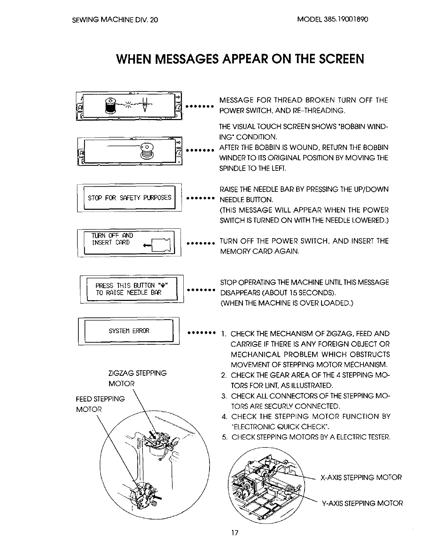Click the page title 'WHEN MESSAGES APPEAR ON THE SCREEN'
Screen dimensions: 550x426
[x=240, y=59]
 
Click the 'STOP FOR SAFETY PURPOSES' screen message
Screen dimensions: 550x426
[x=129, y=198]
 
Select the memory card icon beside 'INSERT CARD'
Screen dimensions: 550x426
[x=161, y=245]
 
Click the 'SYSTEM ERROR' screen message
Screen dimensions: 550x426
[x=129, y=331]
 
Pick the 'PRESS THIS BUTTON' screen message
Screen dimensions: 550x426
[x=131, y=289]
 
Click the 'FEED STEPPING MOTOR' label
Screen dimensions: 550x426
[x=100, y=404]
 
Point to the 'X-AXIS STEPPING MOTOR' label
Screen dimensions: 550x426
[x=361, y=478]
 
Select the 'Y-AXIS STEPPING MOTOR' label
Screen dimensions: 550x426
[x=362, y=503]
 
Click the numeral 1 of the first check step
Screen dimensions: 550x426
[x=224, y=334]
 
